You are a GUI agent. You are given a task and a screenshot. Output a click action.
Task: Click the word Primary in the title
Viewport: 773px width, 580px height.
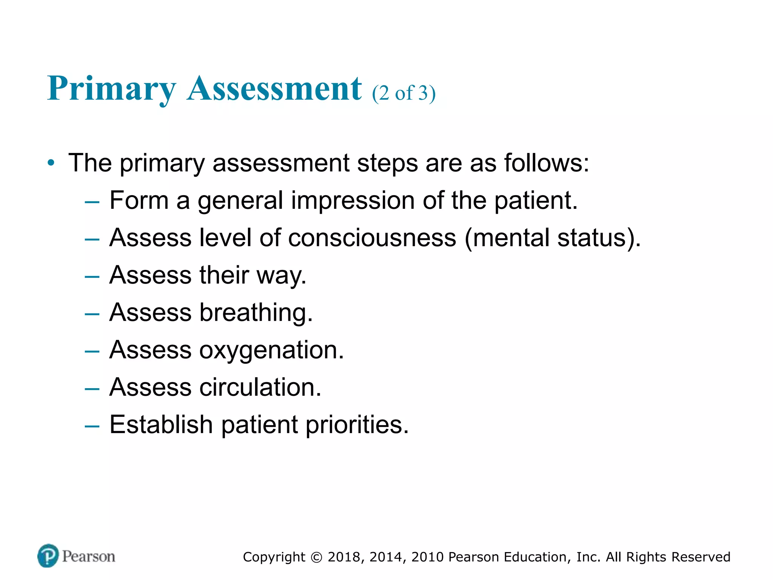[x=112, y=89]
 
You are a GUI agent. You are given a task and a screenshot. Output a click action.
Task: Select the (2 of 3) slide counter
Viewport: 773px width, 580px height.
[x=403, y=93]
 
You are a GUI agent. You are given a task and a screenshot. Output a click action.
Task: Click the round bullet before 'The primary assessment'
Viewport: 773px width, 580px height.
[x=51, y=164]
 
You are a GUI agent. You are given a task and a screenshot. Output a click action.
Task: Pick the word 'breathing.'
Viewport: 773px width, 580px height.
[x=256, y=313]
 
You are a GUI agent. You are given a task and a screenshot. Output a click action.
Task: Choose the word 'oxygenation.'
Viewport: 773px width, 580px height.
[x=271, y=350]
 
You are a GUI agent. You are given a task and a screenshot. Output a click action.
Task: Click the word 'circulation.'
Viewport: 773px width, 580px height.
[x=260, y=387]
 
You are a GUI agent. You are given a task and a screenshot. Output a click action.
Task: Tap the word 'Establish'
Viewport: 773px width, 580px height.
[x=161, y=424]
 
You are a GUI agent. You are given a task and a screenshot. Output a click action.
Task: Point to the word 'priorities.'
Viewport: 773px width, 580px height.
[x=357, y=425]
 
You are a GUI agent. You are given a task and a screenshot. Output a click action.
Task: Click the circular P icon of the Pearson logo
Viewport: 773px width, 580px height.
[x=48, y=556]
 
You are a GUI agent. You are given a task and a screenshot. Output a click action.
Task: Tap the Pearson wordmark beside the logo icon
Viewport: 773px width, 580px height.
[x=89, y=556]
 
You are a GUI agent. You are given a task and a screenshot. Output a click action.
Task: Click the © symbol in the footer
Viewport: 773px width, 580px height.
[x=316, y=557]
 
